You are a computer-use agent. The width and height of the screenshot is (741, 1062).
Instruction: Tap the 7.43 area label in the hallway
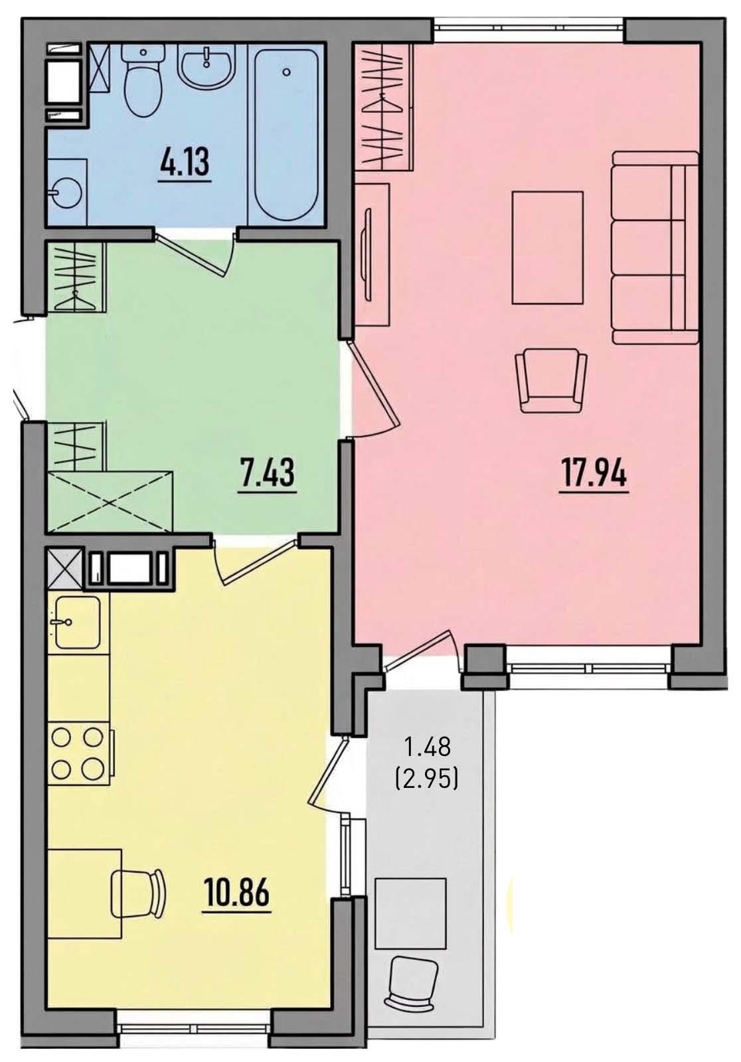[268, 474]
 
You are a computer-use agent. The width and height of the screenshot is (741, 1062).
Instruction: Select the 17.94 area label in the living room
[594, 474]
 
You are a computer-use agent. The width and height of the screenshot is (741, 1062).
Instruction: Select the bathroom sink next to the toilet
[205, 66]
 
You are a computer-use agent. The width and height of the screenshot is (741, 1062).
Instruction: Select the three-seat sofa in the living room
[655, 247]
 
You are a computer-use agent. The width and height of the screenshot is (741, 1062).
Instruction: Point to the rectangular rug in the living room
[547, 247]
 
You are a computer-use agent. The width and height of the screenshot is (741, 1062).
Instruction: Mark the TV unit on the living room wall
[372, 254]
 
